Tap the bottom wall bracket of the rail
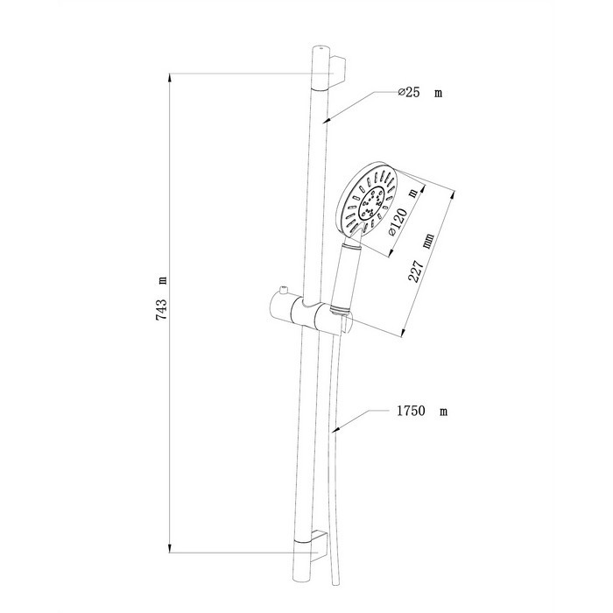[319, 546]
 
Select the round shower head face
[369, 201]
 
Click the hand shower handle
[344, 276]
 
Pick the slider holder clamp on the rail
[312, 312]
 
